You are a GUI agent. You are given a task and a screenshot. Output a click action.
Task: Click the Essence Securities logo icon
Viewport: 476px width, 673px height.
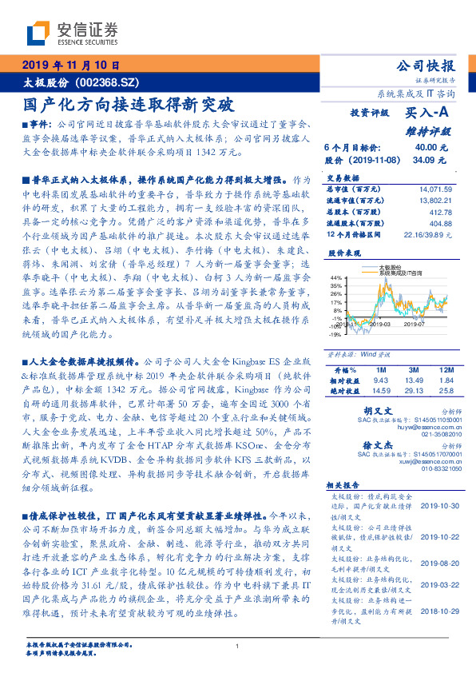(x=39, y=32)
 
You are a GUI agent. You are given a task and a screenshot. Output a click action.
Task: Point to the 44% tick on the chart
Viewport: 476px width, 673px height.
(x=336, y=276)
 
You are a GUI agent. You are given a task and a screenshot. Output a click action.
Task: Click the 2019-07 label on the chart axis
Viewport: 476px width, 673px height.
(x=415, y=324)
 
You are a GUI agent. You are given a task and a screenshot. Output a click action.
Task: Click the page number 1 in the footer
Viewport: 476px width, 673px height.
(x=238, y=647)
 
